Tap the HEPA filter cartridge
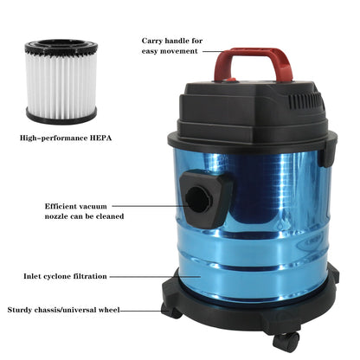[61, 80]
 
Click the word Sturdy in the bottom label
[22, 309]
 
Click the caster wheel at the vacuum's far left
[170, 310]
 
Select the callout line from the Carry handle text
[213, 50]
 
